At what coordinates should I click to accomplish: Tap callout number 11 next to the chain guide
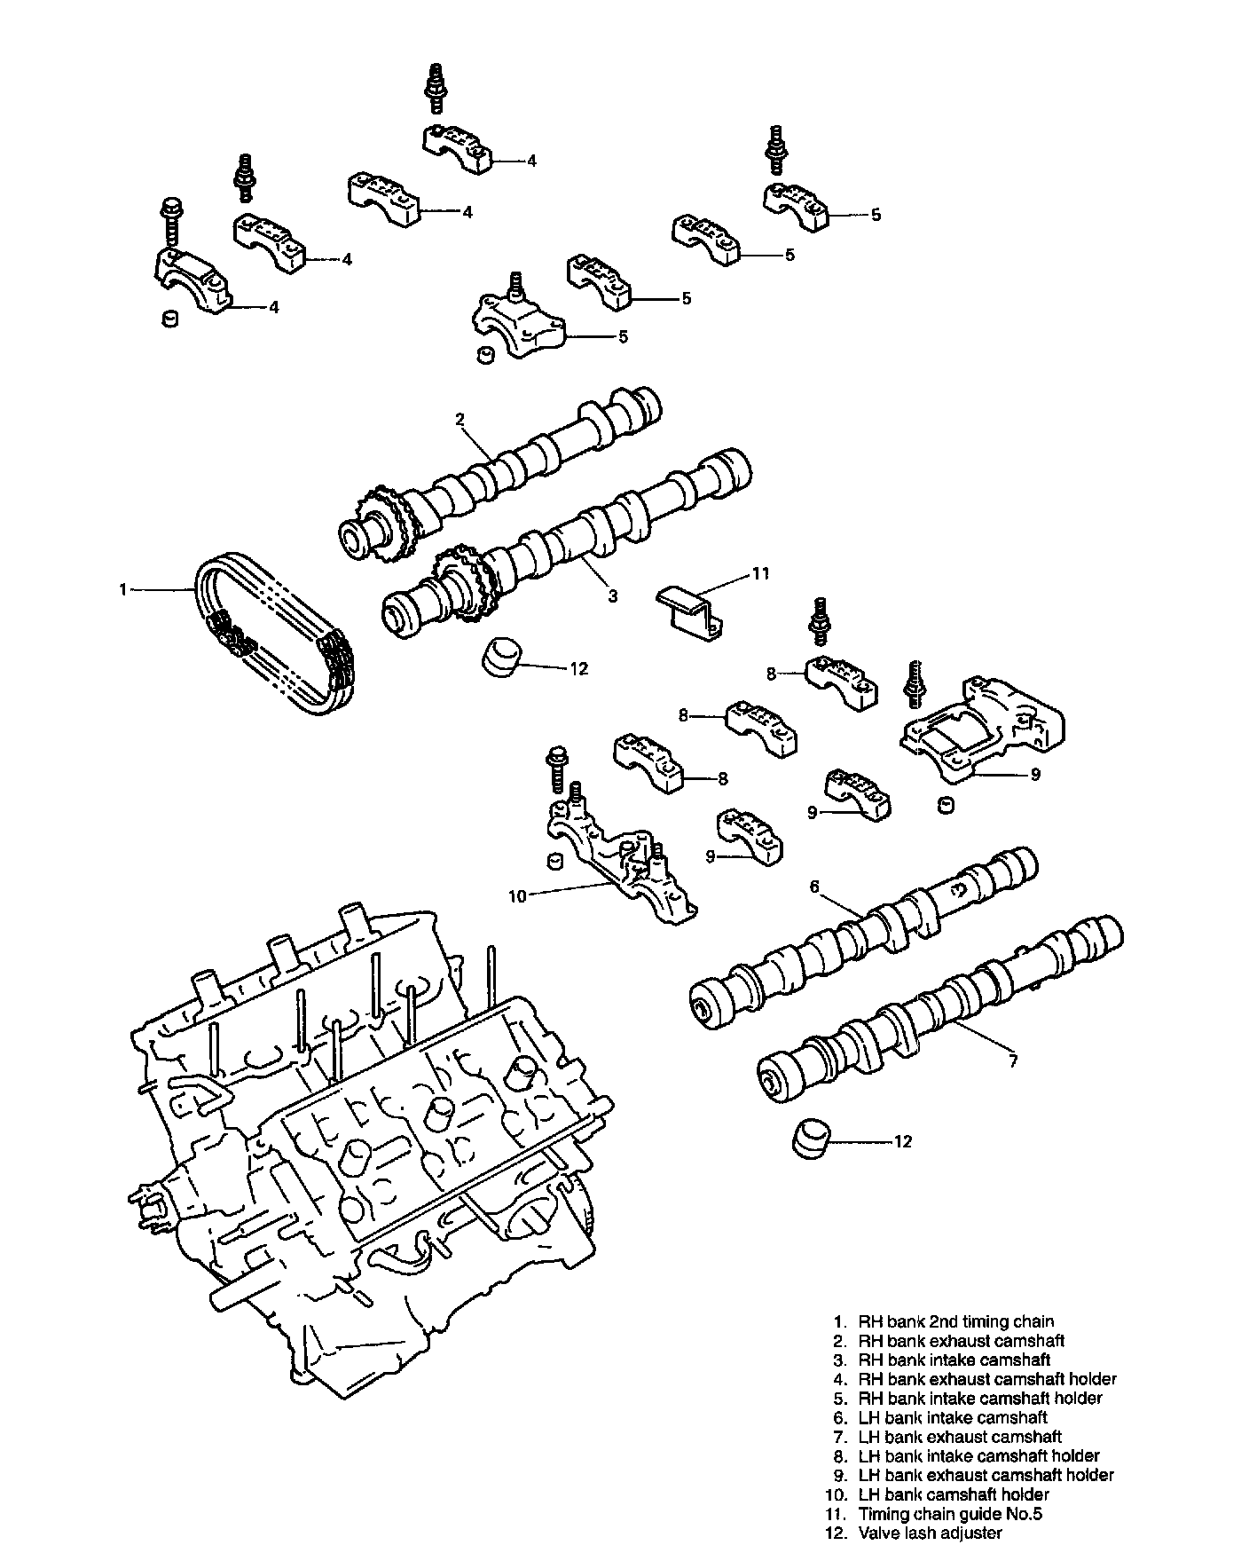(760, 574)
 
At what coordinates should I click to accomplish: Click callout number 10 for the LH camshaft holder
(516, 896)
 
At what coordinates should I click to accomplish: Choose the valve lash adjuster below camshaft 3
(502, 657)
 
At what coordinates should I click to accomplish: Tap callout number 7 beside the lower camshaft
(1013, 1060)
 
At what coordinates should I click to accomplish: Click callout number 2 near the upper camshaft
(460, 419)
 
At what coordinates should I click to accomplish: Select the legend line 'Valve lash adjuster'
(930, 1533)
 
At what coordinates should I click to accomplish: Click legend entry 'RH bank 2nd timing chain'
(955, 1321)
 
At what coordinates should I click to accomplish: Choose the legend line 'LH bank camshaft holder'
(953, 1494)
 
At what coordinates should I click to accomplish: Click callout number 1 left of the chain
(123, 588)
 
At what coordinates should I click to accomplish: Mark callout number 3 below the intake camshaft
(612, 596)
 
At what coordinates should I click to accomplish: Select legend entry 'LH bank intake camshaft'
(953, 1417)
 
